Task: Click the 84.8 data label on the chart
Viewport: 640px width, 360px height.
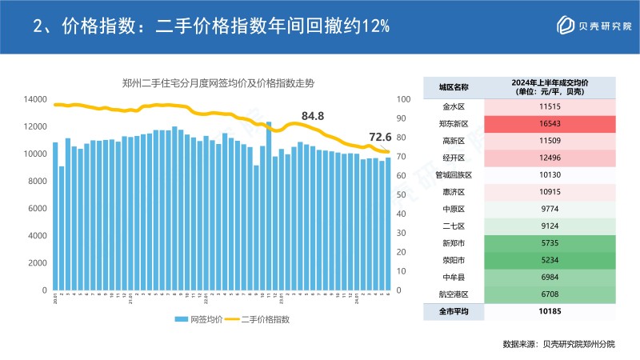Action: [312, 117]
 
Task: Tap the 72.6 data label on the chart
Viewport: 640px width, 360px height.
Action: [379, 137]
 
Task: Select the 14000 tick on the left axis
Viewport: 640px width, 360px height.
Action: [34, 99]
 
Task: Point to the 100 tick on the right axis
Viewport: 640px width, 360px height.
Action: [403, 99]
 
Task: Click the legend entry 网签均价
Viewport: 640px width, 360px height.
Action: [200, 318]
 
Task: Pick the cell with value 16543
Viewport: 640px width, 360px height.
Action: [550, 124]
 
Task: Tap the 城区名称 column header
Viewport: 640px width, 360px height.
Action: [454, 87]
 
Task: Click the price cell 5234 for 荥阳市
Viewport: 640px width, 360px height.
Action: [550, 260]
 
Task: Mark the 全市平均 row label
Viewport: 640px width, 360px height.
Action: [454, 311]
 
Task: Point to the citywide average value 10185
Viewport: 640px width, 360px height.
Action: [550, 311]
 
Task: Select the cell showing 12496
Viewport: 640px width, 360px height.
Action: [550, 158]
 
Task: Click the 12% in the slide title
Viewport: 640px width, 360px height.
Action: [375, 26]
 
